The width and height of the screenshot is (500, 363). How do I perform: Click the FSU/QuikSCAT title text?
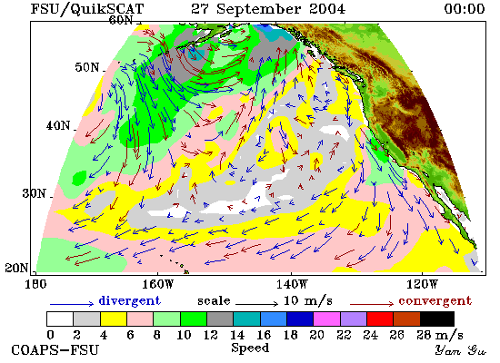coord(87,9)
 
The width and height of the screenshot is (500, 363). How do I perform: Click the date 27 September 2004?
coord(268,8)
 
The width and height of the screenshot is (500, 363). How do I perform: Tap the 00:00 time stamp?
coord(465,8)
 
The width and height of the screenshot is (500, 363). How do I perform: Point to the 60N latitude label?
coord(121,20)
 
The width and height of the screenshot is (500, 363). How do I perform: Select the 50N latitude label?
coord(86,67)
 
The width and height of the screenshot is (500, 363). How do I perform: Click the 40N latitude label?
coord(58,125)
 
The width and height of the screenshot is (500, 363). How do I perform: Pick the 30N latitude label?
coord(34,193)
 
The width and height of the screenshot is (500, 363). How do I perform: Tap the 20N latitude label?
coord(16,268)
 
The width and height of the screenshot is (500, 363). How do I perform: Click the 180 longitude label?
coord(35,284)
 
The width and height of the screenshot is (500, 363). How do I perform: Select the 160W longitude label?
coord(157,284)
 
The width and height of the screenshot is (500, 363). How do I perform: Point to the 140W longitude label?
coord(292,284)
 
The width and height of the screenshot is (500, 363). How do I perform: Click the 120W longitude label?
coord(422,284)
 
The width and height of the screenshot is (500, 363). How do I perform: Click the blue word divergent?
coord(129,300)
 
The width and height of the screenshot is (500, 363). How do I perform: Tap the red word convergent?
coord(435,300)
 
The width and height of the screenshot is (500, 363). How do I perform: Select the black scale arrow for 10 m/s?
coord(256,304)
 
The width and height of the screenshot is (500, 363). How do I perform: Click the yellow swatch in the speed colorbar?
coord(114,319)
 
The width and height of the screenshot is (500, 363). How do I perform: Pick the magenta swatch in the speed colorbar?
coord(327,319)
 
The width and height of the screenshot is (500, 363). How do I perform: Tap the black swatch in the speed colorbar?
coord(437,319)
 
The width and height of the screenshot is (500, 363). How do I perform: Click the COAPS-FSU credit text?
coord(55,350)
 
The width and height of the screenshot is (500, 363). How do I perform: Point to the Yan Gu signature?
coord(461,350)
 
